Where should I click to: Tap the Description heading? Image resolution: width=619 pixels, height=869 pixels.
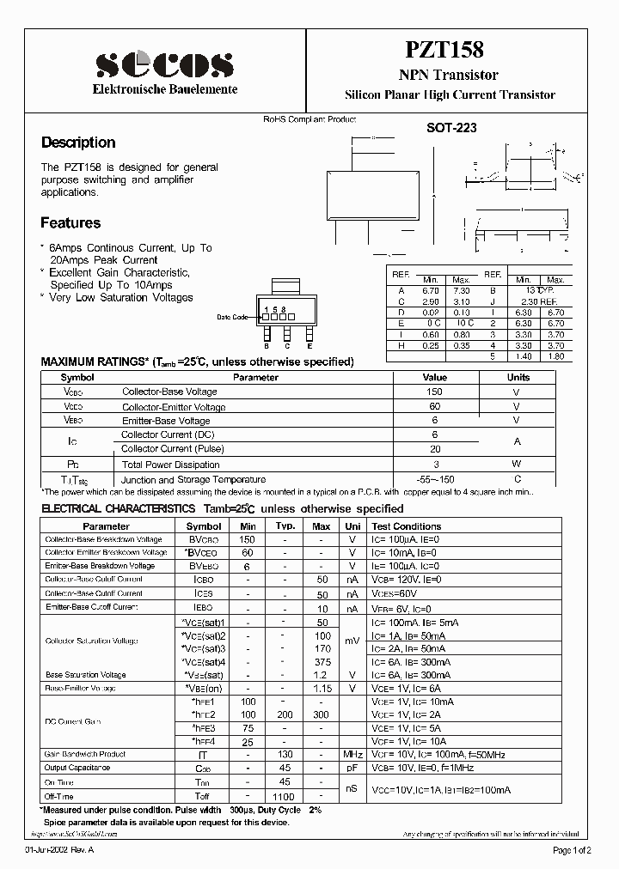(78, 143)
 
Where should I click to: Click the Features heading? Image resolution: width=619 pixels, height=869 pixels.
(70, 223)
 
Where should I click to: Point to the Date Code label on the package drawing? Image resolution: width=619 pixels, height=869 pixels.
(232, 317)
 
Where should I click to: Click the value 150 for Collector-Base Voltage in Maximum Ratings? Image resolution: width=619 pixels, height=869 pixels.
(434, 392)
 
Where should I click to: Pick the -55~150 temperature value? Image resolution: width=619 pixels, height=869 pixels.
(434, 479)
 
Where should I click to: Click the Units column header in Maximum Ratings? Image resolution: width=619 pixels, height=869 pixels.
(518, 377)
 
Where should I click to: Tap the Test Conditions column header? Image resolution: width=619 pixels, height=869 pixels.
(407, 526)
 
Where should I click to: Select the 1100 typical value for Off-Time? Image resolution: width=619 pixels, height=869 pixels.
(285, 796)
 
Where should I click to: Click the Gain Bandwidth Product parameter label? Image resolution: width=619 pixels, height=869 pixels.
(86, 753)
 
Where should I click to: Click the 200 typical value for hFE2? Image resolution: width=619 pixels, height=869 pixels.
(285, 714)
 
